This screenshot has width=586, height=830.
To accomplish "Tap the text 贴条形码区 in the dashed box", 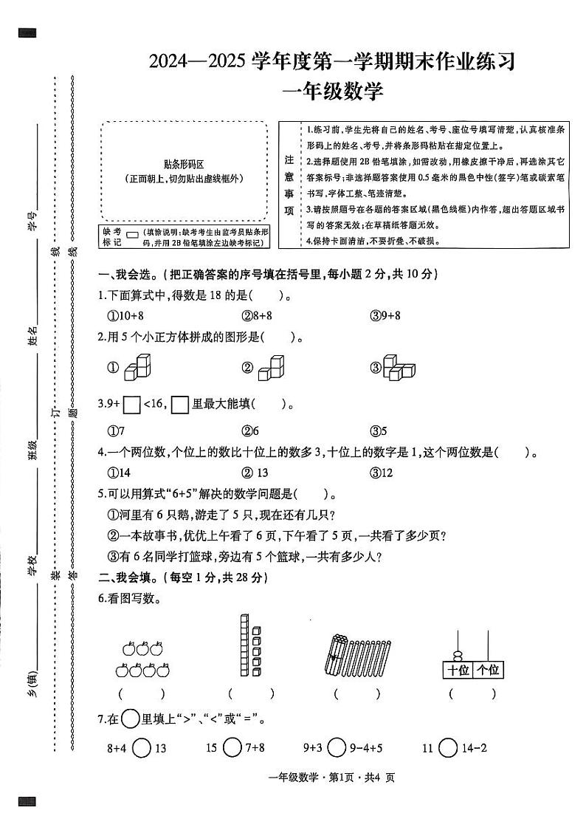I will click(183, 165).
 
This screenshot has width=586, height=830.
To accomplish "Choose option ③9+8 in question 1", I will click(385, 315).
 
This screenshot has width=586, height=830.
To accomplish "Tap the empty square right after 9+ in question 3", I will click(132, 405).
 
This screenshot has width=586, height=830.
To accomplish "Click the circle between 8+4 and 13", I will click(142, 748).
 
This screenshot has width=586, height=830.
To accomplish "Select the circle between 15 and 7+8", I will click(232, 748).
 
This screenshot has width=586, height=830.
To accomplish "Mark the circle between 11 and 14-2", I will click(448, 748).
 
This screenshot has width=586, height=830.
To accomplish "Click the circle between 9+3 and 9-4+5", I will click(337, 748).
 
